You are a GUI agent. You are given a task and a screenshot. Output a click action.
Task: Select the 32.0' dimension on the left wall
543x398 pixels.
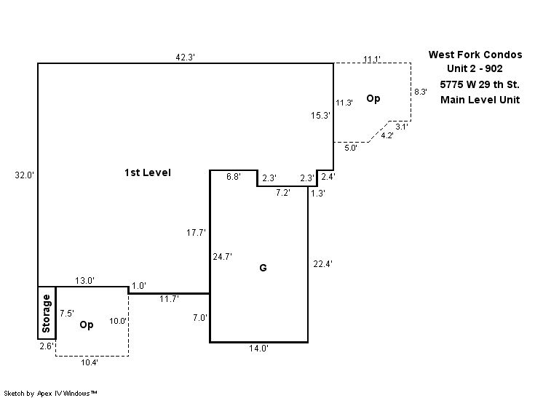tap(25, 175)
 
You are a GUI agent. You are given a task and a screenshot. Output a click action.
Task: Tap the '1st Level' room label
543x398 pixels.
tap(147, 172)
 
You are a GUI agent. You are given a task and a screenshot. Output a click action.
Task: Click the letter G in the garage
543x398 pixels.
tap(263, 268)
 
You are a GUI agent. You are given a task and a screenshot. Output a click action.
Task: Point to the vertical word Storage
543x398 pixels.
tap(47, 312)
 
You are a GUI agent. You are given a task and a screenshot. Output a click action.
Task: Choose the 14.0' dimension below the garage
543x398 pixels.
tap(259, 349)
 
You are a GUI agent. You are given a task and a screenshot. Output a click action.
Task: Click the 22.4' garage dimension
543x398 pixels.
tap(322, 263)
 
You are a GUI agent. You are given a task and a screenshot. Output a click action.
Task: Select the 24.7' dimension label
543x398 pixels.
tap(222, 256)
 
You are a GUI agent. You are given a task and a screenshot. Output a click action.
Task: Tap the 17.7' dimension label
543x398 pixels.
tap(197, 232)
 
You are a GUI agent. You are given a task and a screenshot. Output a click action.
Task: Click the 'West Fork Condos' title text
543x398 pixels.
tap(475, 55)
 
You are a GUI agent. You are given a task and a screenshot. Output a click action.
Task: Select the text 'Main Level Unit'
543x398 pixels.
tap(480, 100)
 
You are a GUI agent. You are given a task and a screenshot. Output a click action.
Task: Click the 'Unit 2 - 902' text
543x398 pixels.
tap(475, 69)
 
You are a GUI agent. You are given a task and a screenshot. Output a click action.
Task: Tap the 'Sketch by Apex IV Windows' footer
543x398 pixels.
tap(51, 393)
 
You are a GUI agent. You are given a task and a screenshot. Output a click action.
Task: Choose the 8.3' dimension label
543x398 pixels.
tap(421, 92)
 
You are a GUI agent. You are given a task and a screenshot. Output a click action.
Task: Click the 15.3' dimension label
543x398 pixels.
tap(321, 115)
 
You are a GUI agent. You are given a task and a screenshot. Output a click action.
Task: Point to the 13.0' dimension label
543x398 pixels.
tap(84, 281)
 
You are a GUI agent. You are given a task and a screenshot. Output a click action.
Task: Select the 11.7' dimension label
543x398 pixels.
tap(170, 298)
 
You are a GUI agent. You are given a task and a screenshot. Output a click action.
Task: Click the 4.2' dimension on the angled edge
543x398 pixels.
tap(388, 135)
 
